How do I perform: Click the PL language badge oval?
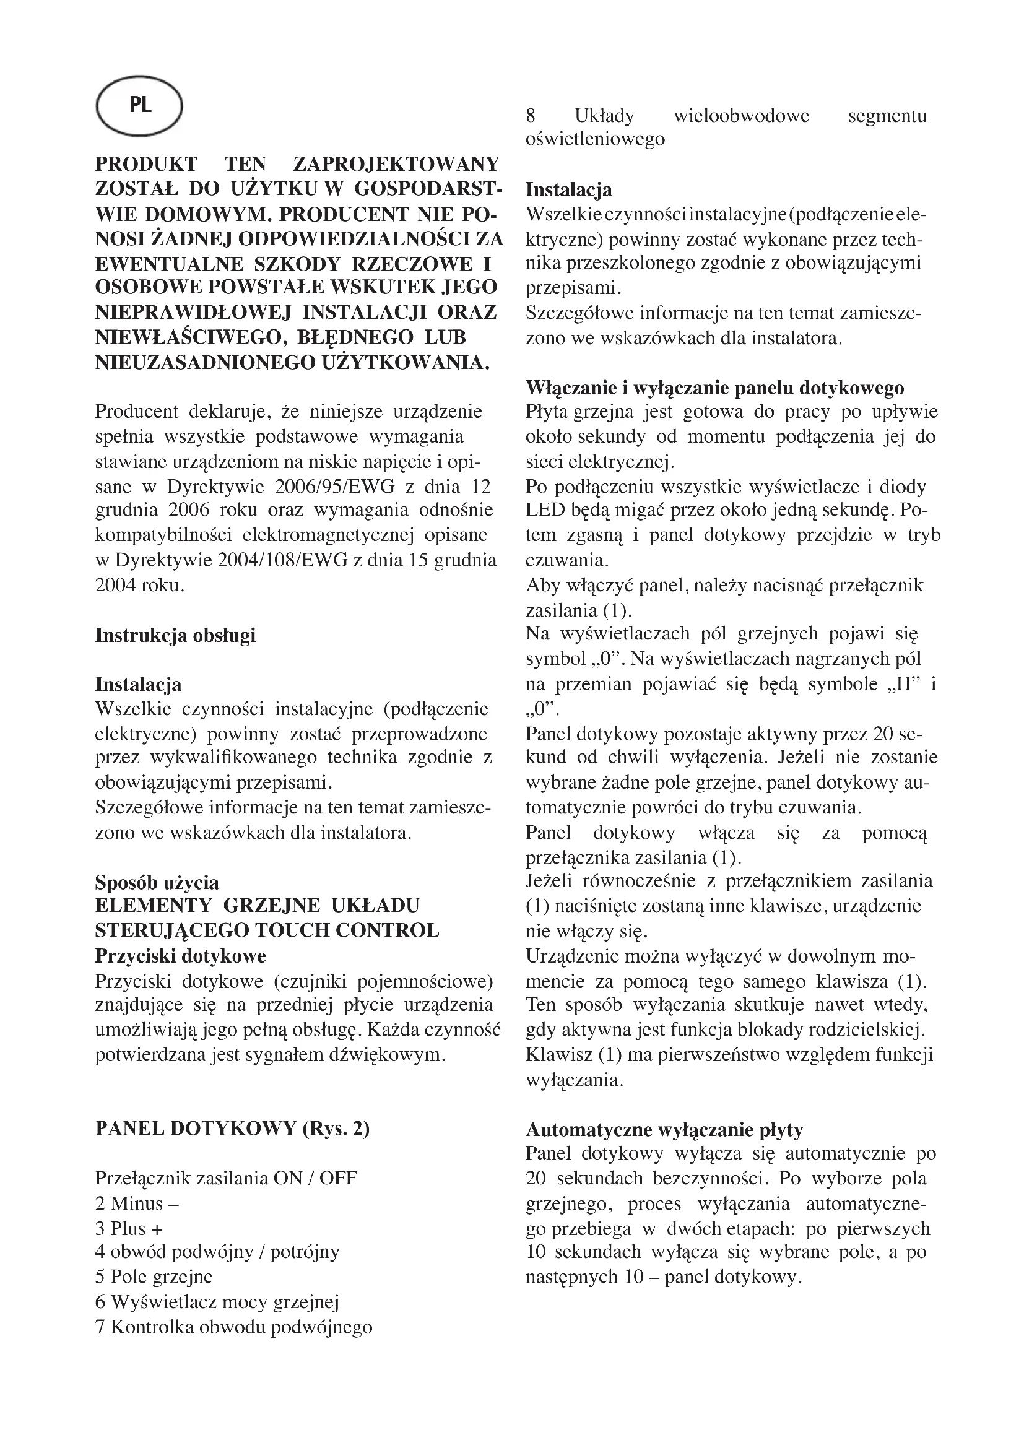point(139,106)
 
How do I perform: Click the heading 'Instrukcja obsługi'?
point(175,635)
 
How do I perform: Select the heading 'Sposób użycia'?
point(157,882)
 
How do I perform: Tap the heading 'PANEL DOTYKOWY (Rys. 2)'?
point(232,1129)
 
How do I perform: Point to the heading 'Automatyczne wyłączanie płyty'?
point(664,1130)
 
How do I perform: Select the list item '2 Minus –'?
point(137,1203)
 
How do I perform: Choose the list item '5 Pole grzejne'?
point(154,1277)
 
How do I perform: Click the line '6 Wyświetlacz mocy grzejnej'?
point(217,1302)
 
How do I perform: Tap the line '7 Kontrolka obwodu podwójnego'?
point(233,1327)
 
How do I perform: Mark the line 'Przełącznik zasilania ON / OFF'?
point(226,1178)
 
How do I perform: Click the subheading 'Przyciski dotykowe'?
point(180,956)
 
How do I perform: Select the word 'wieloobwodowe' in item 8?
point(741,116)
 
